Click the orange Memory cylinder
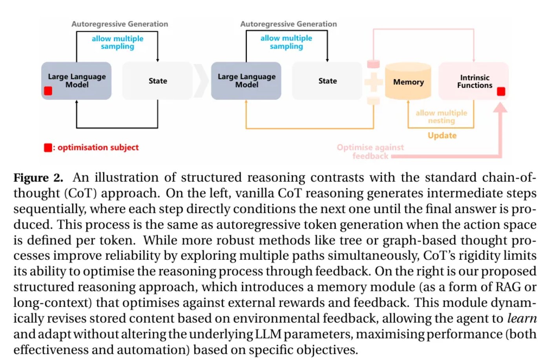point(408,81)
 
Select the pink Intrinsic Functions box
point(473,81)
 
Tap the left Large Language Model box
point(76,81)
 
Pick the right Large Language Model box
point(246,81)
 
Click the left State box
point(158,81)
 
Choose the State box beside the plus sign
point(327,81)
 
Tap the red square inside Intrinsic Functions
point(501,91)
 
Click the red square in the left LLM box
point(48,91)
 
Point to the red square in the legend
point(48,148)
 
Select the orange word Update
point(442,135)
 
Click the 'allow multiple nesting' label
point(441,116)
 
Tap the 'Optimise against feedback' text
point(370,152)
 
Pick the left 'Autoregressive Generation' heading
point(120,24)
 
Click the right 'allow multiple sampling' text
point(286,42)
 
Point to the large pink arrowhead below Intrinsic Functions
point(500,107)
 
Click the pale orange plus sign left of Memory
point(374,82)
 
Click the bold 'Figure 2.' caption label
point(38,178)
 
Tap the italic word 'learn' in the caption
point(522,318)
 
